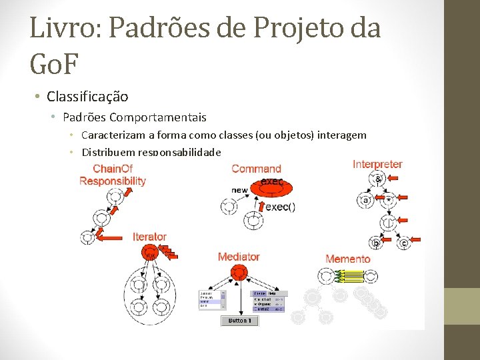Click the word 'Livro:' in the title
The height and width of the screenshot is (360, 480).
tap(63, 28)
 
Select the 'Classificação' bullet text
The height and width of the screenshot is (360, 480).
tap(87, 97)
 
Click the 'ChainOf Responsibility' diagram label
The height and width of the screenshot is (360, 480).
tap(112, 175)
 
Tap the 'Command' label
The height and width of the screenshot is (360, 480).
tap(256, 169)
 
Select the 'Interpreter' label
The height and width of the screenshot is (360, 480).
tap(377, 164)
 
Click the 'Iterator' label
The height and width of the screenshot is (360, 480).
tap(149, 237)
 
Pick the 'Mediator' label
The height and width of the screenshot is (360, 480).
tap(239, 257)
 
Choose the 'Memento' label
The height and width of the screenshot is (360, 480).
tap(347, 259)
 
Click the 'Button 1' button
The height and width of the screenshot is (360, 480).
tap(239, 321)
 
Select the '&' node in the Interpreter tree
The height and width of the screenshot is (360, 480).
tap(377, 179)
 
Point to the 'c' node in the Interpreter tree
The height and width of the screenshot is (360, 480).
tap(403, 243)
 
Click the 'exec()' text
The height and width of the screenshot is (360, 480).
tap(281, 207)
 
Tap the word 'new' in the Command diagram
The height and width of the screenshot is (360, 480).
tap(239, 191)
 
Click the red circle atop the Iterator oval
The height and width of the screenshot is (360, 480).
tap(149, 251)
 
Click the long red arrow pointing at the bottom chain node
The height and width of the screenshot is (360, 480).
tap(114, 236)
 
